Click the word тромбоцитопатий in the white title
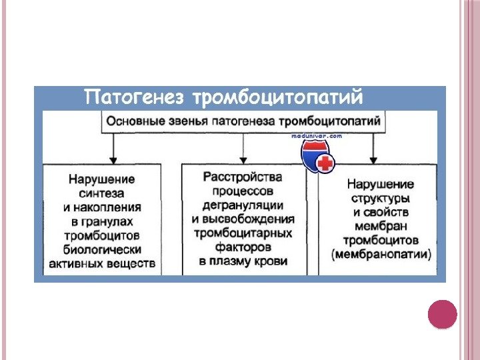coord(278,99)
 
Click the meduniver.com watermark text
coord(317,135)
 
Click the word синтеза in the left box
coord(101,193)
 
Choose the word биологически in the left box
coord(102,249)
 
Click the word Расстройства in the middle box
coord(243,177)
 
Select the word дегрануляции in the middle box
coord(243,205)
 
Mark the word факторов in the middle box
coord(243,247)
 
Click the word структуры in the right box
coord(381,198)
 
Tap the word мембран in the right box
coord(381,226)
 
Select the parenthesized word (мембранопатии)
coord(381,254)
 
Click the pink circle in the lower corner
coord(442,315)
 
